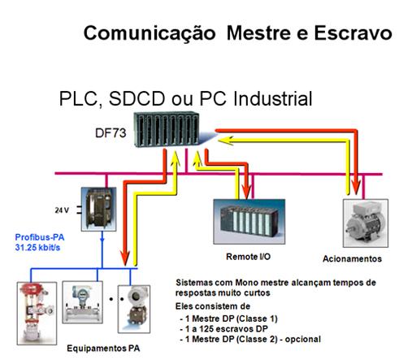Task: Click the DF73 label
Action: pyautogui.click(x=111, y=132)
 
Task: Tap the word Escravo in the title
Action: pyautogui.click(x=353, y=33)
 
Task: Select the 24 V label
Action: pyautogui.click(x=62, y=210)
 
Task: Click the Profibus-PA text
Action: pyautogui.click(x=40, y=237)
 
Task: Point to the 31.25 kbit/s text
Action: pyautogui.click(x=37, y=247)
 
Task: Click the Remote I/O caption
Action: pyautogui.click(x=248, y=257)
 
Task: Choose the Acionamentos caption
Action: pyautogui.click(x=352, y=258)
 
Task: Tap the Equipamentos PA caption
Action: pyautogui.click(x=103, y=348)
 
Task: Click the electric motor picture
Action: pyautogui.click(x=366, y=223)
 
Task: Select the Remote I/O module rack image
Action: pyautogui.click(x=249, y=222)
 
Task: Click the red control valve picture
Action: pyautogui.click(x=37, y=314)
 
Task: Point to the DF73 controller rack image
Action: pyautogui.click(x=167, y=129)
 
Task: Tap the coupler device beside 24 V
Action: pyautogui.click(x=99, y=209)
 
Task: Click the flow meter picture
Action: pyautogui.click(x=82, y=302)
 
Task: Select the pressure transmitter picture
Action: pyautogui.click(x=134, y=309)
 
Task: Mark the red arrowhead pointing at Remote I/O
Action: pyautogui.click(x=246, y=190)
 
